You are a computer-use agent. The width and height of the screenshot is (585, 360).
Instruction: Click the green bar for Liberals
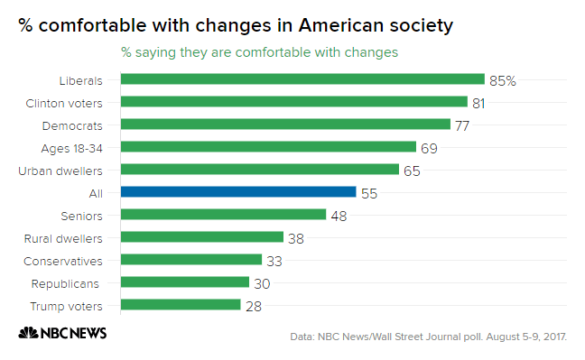[302, 79]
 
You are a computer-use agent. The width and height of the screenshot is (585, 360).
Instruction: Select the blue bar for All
[238, 191]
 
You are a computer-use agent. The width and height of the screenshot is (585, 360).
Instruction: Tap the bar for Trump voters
[181, 305]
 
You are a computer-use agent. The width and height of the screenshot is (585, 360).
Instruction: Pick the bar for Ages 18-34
[268, 146]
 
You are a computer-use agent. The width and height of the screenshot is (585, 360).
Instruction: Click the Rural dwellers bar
[201, 237]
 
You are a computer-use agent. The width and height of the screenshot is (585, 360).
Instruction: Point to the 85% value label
[502, 80]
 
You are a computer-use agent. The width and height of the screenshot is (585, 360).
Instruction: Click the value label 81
[478, 103]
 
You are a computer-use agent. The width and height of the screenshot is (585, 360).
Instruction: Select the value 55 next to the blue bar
[368, 192]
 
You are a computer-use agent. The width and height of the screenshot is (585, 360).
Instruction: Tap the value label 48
[338, 215]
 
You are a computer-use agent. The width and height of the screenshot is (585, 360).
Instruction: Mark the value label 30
[260, 282]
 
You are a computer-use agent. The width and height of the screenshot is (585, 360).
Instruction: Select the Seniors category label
[82, 215]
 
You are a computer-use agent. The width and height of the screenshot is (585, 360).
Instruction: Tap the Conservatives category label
[70, 260]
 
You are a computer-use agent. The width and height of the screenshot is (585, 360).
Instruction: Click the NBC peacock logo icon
[27, 333]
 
